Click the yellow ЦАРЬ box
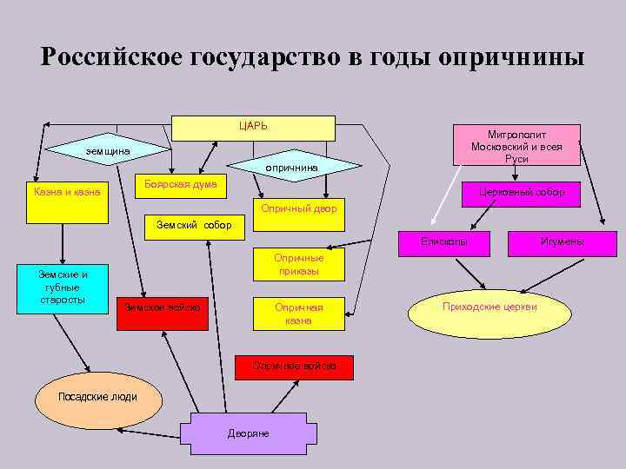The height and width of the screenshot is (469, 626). coord(253,128)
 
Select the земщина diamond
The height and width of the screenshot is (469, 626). coord(108,151)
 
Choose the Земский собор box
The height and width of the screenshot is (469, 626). coord(194,226)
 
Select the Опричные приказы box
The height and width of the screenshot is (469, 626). coord(298,264)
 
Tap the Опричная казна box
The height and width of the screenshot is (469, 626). coord(298,314)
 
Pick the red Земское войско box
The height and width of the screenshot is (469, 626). coord(163,308)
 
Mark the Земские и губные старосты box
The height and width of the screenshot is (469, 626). coord(62,287)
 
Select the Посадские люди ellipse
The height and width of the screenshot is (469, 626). coord(97,397)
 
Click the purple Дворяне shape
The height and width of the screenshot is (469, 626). coord(249,432)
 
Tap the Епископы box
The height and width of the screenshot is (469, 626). coord(443,241)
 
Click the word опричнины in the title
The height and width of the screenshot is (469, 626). coord(512,58)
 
